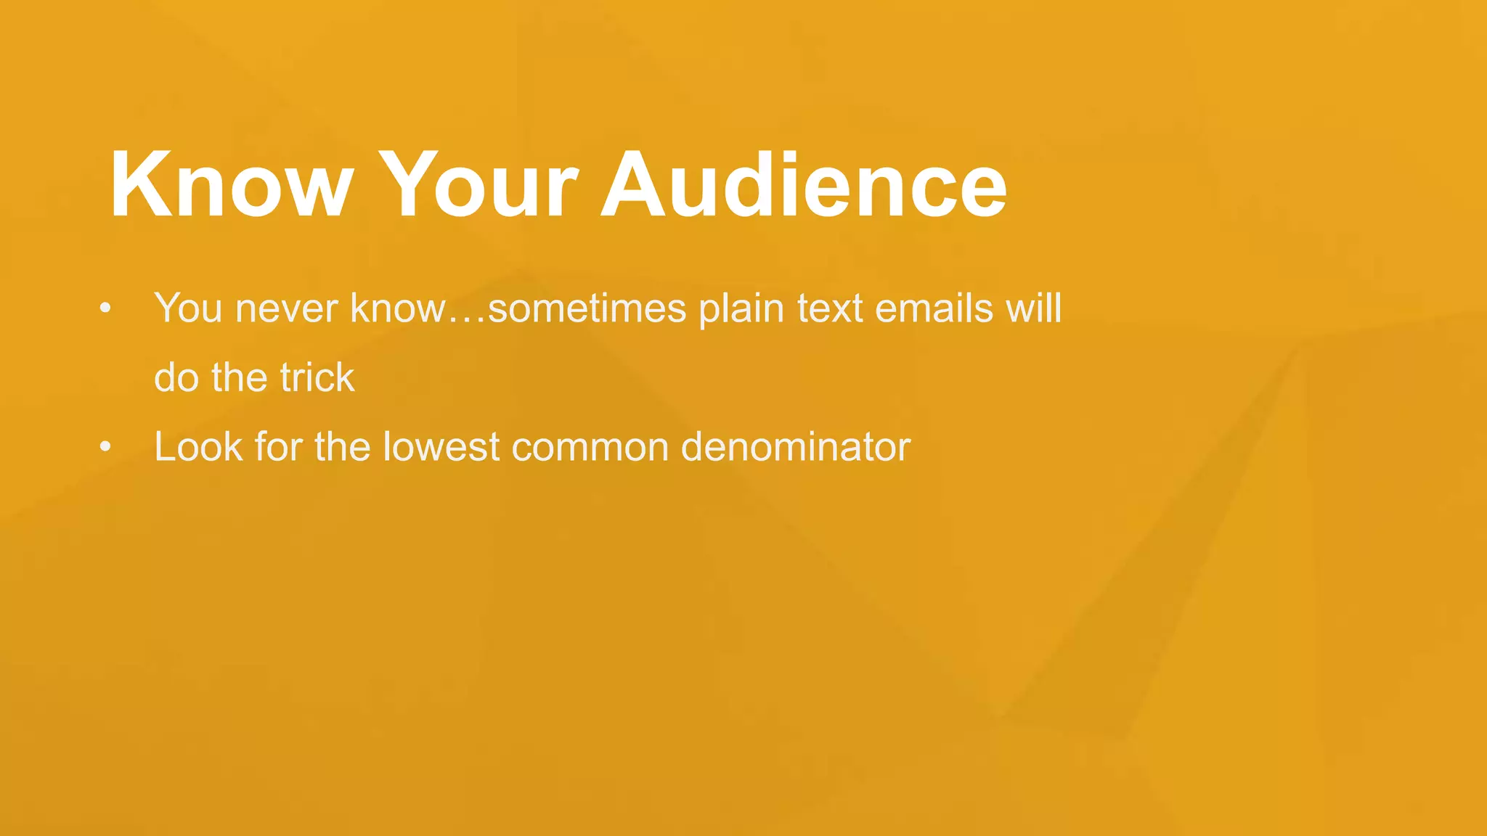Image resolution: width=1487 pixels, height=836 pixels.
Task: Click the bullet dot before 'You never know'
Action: pyautogui.click(x=106, y=308)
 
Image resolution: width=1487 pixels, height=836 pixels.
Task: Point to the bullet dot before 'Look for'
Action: pyautogui.click(x=106, y=447)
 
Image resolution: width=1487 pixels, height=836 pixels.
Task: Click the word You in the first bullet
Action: pyautogui.click(x=188, y=308)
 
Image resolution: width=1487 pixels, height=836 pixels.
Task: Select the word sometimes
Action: pyautogui.click(x=587, y=308)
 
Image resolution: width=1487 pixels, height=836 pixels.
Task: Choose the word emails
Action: pyautogui.click(x=934, y=308)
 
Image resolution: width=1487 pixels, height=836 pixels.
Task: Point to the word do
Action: pyautogui.click(x=176, y=377)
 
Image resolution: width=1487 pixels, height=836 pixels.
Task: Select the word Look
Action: pyautogui.click(x=198, y=447)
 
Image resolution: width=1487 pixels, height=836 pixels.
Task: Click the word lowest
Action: pyautogui.click(x=441, y=447)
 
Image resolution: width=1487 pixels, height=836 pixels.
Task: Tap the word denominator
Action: pyautogui.click(x=796, y=447)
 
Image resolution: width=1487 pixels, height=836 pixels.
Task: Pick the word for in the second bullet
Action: pyautogui.click(x=278, y=447)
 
